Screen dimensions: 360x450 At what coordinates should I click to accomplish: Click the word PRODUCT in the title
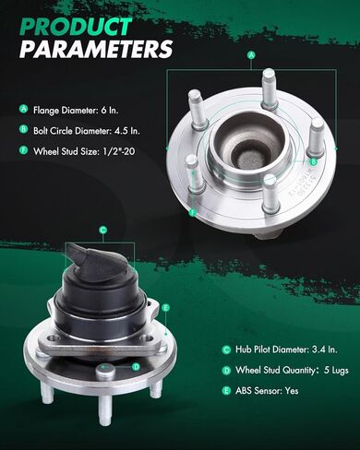coord(76,27)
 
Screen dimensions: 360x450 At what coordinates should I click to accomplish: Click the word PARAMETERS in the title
coord(96,49)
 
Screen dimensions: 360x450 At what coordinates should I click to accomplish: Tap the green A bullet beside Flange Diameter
coord(23,109)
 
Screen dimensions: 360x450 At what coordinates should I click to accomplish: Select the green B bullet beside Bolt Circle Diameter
coord(23,129)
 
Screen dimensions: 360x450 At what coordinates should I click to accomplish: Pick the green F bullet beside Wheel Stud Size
coord(23,150)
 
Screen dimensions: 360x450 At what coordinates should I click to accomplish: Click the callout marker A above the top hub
coord(251,55)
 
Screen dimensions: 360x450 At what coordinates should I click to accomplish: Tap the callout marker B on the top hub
coord(314,161)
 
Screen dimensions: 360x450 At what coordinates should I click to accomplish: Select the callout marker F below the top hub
coord(193,212)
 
